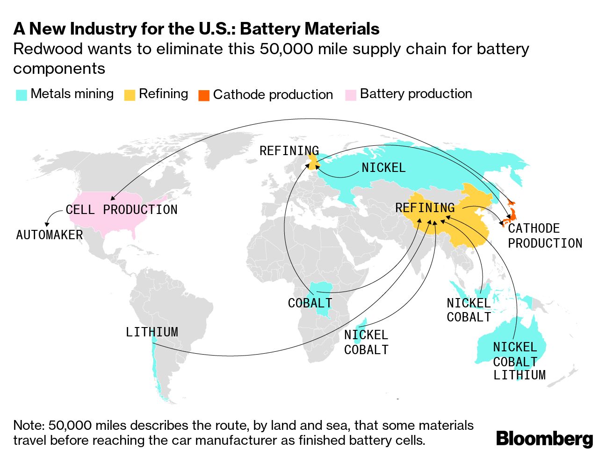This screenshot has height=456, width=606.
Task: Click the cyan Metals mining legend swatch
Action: [22, 95]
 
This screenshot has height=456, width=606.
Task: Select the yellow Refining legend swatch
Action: [130, 95]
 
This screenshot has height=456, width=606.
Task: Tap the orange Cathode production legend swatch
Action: [204, 95]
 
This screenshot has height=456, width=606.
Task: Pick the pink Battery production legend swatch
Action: [351, 95]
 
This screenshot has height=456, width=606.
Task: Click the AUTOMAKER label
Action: [50, 235]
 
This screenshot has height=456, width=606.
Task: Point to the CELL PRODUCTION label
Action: [122, 210]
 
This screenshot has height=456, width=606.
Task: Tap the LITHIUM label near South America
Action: [152, 332]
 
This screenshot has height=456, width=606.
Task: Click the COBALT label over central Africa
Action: [310, 303]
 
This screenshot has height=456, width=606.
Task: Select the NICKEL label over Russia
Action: [383, 168]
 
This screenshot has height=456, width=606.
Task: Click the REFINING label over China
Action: [425, 208]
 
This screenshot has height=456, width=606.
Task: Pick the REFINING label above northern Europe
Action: [289, 151]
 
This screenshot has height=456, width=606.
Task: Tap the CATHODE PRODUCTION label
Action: [545, 236]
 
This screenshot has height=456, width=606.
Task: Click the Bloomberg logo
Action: [544, 439]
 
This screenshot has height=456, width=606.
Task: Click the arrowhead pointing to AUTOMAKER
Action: [47, 224]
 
